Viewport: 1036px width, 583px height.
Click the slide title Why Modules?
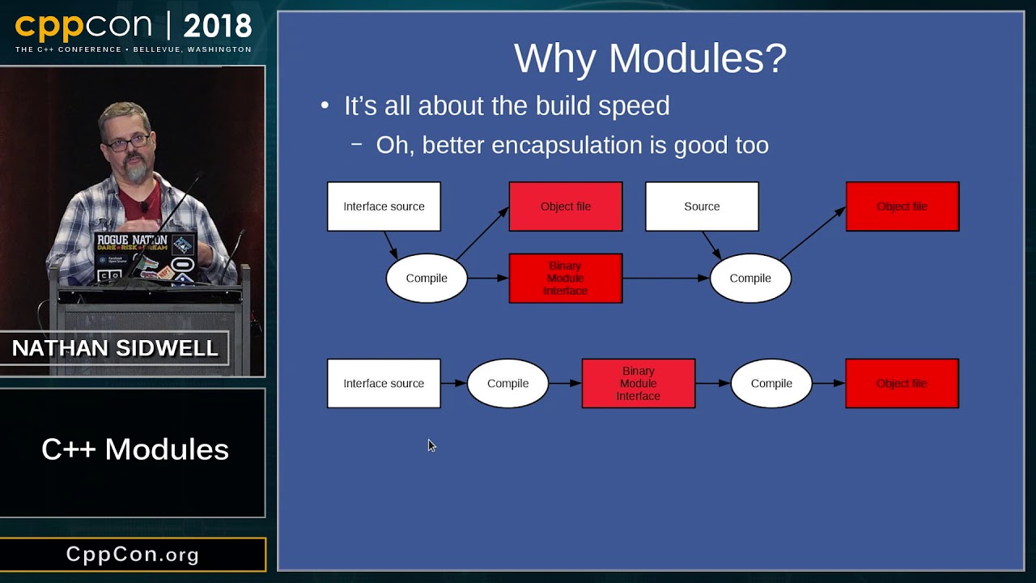pyautogui.click(x=650, y=58)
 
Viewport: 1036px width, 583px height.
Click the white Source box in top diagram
pyautogui.click(x=702, y=206)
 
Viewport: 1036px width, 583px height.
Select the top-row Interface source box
pyautogui.click(x=384, y=206)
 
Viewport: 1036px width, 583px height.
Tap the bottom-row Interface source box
pyautogui.click(x=384, y=383)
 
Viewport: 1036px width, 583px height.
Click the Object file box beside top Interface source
pyautogui.click(x=565, y=206)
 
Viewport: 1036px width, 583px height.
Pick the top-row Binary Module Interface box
pyautogui.click(x=565, y=278)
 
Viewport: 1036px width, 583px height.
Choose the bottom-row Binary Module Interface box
pyautogui.click(x=638, y=383)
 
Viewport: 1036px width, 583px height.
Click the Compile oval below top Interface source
pyautogui.click(x=426, y=278)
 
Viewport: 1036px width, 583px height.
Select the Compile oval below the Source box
pyautogui.click(x=749, y=278)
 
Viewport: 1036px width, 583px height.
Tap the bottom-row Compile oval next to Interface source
pyautogui.click(x=507, y=383)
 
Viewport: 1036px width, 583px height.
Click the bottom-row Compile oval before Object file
pyautogui.click(x=771, y=383)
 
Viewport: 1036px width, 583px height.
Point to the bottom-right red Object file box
pyautogui.click(x=902, y=383)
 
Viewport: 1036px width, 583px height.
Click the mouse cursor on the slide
pyautogui.click(x=431, y=445)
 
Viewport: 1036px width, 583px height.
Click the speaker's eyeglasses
pyautogui.click(x=128, y=143)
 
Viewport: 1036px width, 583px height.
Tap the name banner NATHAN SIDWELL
pyautogui.click(x=115, y=348)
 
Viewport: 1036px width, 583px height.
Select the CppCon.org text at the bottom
pyautogui.click(x=133, y=555)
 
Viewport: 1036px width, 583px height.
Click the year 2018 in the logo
pyautogui.click(x=217, y=28)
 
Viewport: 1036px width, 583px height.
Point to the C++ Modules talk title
pyautogui.click(x=134, y=449)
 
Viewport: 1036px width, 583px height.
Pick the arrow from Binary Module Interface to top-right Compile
pyautogui.click(x=665, y=278)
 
